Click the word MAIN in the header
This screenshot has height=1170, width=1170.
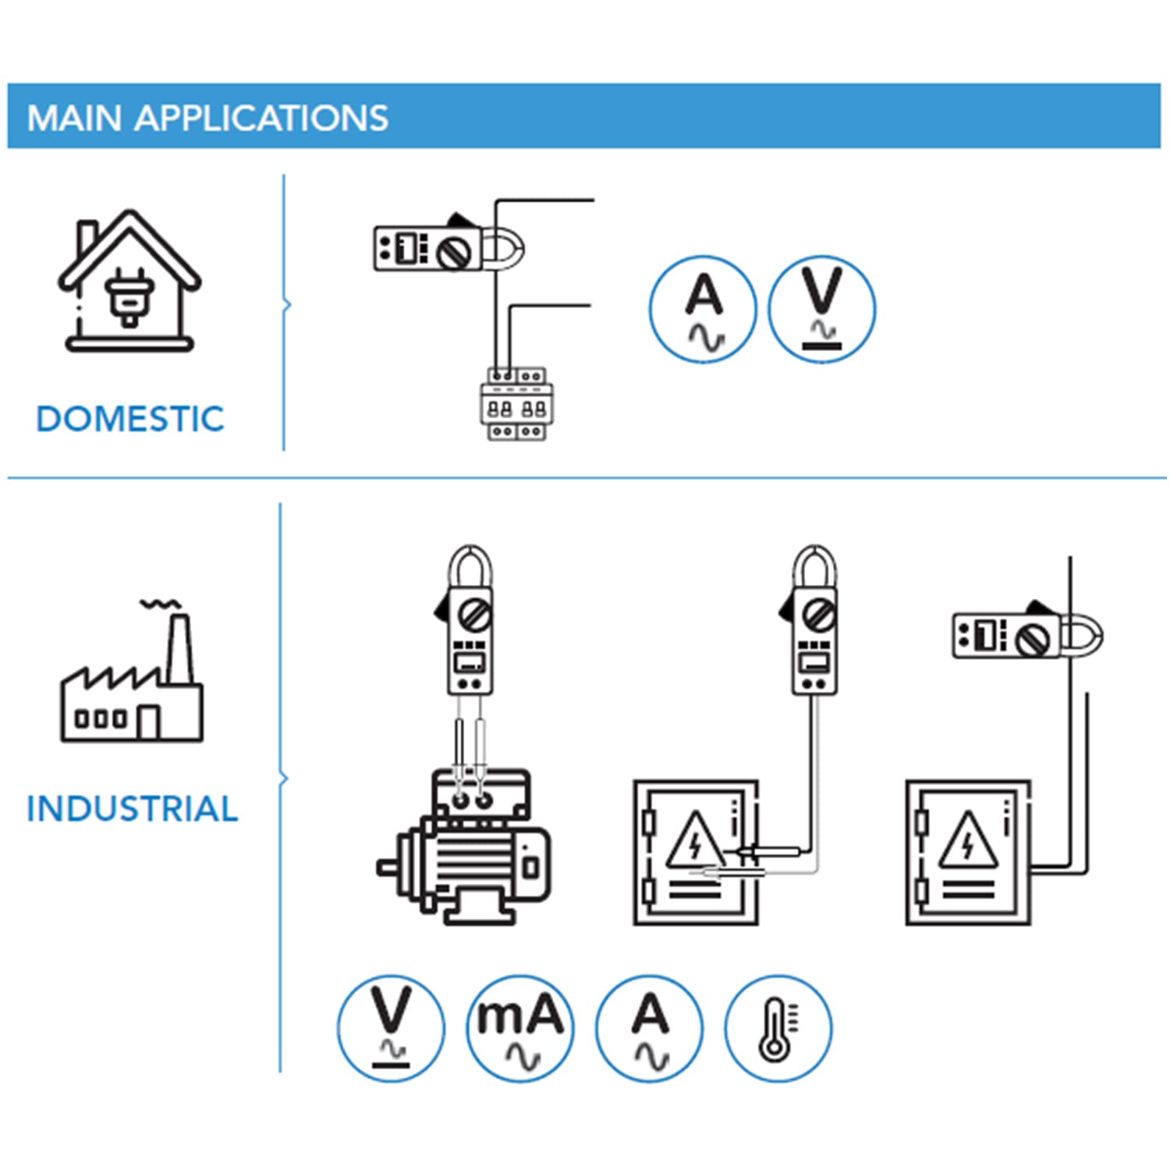click(74, 119)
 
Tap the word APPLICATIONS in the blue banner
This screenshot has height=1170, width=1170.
click(261, 119)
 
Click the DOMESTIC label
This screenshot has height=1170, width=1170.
click(130, 419)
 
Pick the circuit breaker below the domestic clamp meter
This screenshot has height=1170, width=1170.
click(516, 404)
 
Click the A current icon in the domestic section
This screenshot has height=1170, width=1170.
click(703, 309)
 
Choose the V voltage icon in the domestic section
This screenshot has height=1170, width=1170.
click(822, 309)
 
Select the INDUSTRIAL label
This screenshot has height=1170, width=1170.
click(132, 809)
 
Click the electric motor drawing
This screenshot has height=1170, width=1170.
click(463, 847)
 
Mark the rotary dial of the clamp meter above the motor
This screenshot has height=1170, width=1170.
click(473, 615)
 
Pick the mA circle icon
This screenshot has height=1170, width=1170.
click(520, 1028)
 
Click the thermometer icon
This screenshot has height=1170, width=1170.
click(778, 1028)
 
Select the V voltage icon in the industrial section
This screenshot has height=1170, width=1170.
click(391, 1028)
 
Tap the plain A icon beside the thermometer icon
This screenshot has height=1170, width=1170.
click(649, 1028)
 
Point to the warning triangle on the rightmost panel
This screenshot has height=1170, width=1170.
click(968, 841)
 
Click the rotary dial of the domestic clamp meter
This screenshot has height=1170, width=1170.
click(454, 252)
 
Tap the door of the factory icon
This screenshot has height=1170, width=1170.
click(148, 722)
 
